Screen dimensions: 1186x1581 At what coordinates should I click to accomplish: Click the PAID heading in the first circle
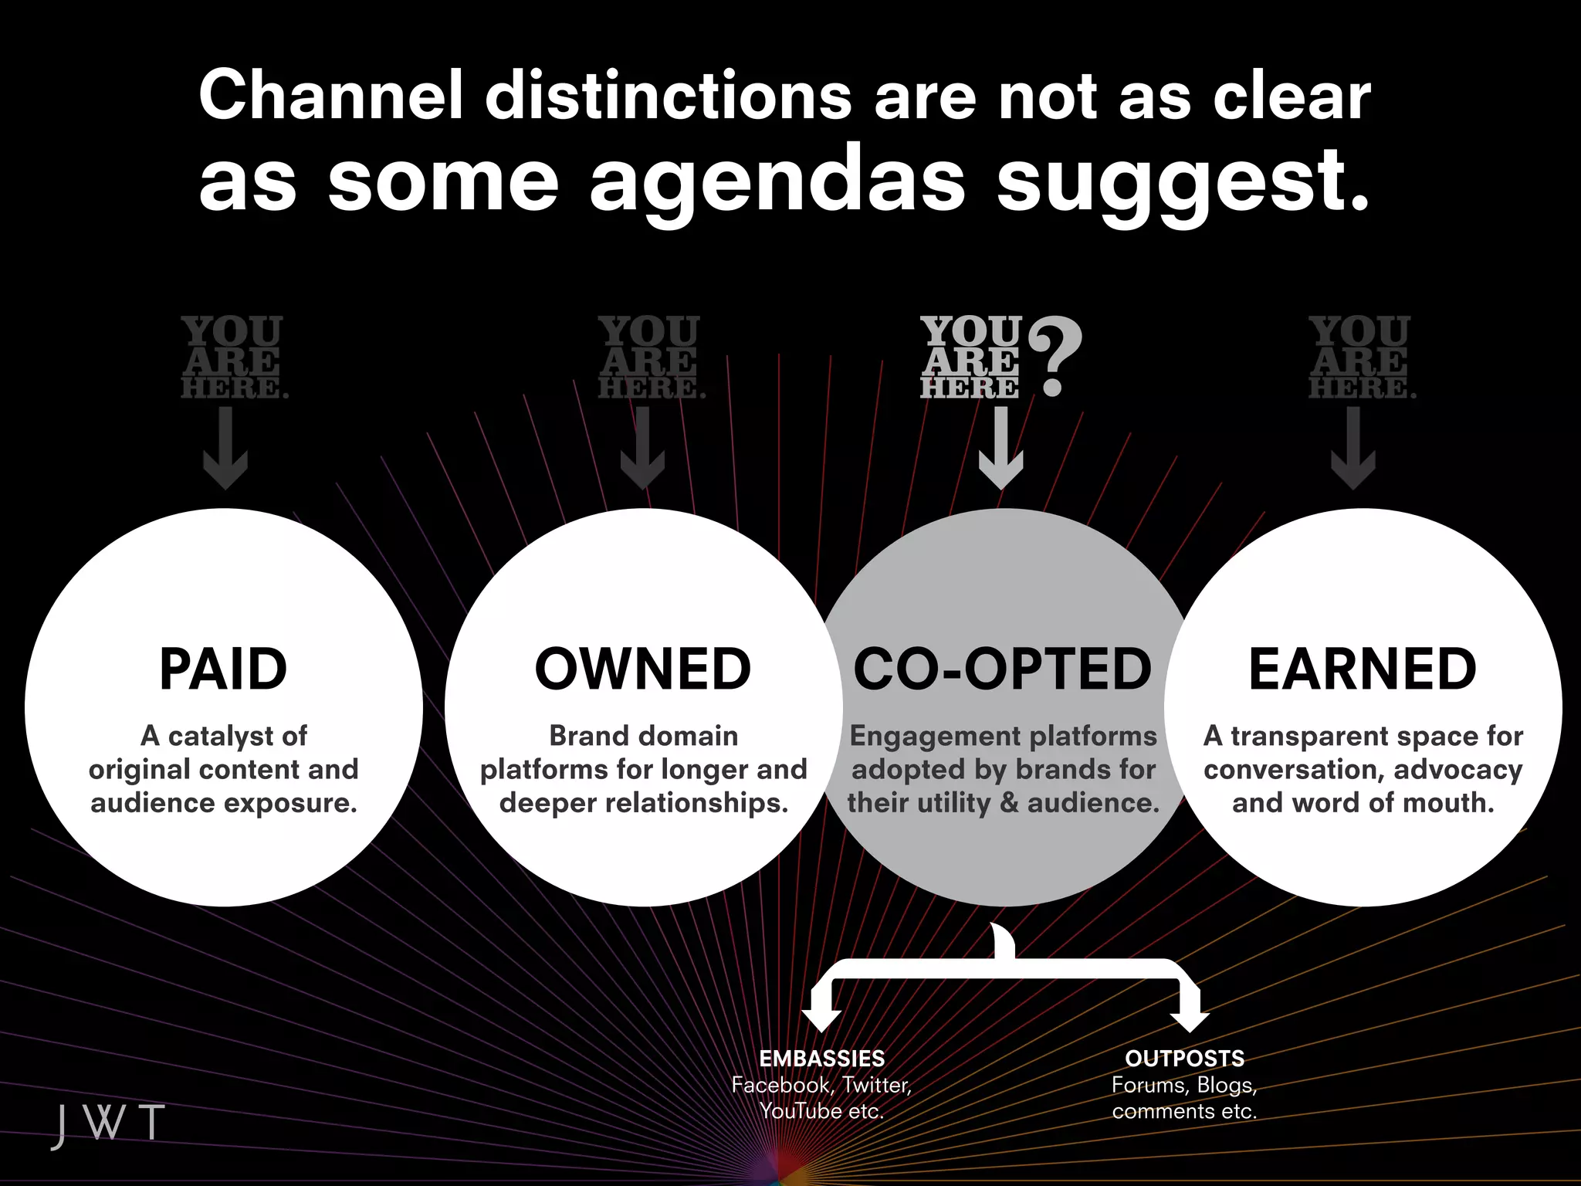[x=223, y=669]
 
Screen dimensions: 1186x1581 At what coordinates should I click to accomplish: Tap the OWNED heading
[x=643, y=669]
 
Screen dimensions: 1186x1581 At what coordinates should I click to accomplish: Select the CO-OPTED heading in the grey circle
[x=1002, y=669]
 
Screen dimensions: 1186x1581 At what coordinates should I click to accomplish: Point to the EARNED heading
[x=1363, y=669]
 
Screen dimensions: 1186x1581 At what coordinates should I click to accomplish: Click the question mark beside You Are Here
[x=1056, y=358]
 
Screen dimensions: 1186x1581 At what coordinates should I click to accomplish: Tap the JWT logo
[x=108, y=1123]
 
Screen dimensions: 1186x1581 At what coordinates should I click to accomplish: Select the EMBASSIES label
[x=822, y=1059]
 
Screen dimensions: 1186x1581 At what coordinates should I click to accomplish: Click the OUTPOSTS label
[x=1184, y=1059]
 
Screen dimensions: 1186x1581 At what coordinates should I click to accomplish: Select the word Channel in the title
[x=331, y=96]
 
